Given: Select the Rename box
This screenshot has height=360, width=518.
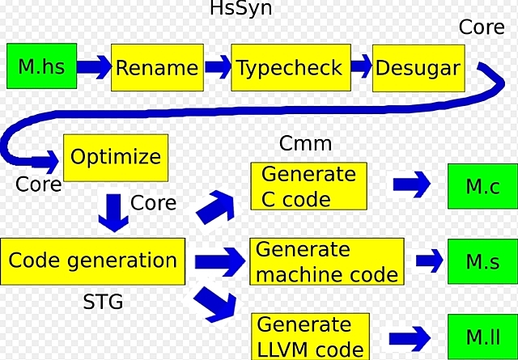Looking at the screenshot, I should coord(156,66).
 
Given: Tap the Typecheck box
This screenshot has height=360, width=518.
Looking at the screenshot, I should coord(289,66).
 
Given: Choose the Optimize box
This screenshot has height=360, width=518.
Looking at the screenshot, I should coord(116,157).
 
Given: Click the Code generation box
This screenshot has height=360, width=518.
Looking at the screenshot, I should coord(92,261).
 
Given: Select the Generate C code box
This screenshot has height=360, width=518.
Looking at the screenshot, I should coord(308,187).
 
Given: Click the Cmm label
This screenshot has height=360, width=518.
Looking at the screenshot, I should coord(305,144).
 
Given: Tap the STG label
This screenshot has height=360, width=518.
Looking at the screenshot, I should coord(104,303).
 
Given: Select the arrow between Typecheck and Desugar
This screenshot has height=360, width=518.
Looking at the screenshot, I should coord(362,65).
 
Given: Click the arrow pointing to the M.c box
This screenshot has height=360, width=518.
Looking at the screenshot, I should coord(412,184).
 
